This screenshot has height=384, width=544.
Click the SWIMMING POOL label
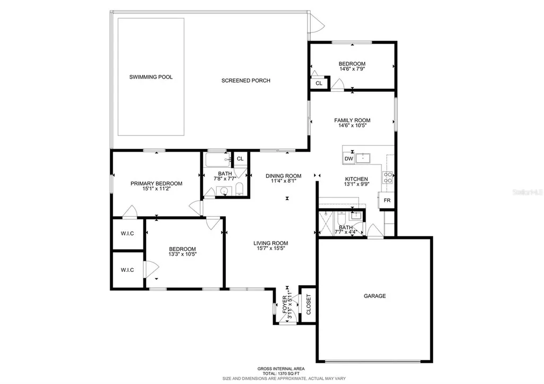click(151, 77)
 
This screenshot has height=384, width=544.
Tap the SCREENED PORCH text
click(245, 81)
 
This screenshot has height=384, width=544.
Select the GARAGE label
click(375, 296)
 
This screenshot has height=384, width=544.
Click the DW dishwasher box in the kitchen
click(348, 158)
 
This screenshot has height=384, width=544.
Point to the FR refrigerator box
click(387, 201)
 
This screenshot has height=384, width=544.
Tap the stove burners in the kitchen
click(388, 177)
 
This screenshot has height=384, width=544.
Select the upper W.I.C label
click(127, 234)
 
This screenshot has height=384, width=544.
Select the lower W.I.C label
click(127, 270)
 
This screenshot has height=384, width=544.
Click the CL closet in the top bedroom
click(319, 83)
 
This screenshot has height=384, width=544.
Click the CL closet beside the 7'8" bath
click(240, 158)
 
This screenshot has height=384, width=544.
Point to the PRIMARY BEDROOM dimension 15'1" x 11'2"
click(156, 190)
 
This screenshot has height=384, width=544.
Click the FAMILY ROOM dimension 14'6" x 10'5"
click(352, 126)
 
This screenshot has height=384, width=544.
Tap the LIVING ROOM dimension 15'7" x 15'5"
click(270, 249)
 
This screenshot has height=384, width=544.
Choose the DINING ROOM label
click(283, 176)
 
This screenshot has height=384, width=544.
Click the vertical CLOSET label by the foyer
click(308, 304)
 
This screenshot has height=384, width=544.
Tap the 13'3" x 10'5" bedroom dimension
click(182, 255)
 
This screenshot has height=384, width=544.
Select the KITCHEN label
click(356, 179)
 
